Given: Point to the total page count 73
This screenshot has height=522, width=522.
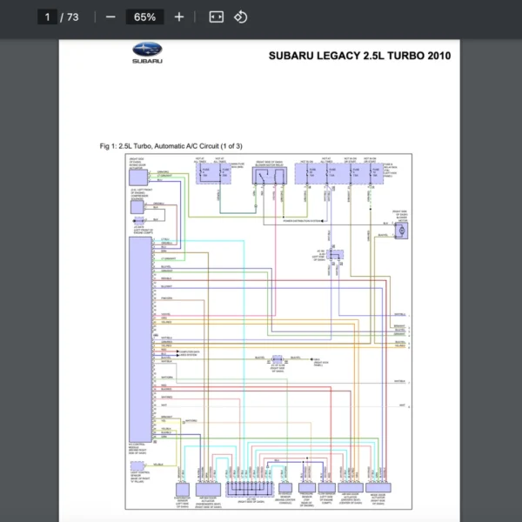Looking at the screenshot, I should click(x=70, y=17).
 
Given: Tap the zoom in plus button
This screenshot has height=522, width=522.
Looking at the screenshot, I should click(x=179, y=17).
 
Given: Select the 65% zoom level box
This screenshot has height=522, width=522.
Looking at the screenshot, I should click(x=144, y=17).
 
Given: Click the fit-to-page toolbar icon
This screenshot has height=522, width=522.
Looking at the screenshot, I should click(x=217, y=17).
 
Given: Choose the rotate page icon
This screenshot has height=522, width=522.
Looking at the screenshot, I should click(x=241, y=17).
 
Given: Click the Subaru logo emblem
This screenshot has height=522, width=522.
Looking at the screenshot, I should click(x=147, y=51).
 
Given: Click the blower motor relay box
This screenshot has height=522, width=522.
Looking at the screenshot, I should click(x=269, y=175).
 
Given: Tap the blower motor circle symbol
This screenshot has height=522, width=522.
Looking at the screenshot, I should click(x=401, y=230).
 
